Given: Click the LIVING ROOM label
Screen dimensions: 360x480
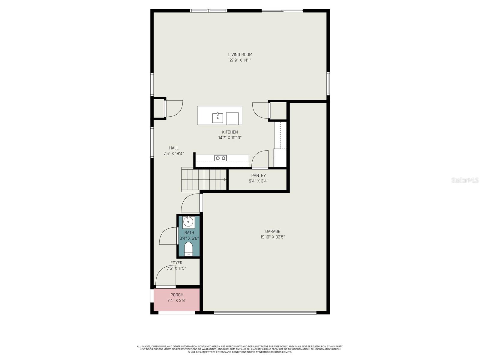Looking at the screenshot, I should click(240, 55).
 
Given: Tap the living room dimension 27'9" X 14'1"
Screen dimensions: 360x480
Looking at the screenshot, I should click(240, 60).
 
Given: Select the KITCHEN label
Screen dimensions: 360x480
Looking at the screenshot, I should click(230, 132).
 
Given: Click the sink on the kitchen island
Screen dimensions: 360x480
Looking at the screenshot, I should click(217, 118).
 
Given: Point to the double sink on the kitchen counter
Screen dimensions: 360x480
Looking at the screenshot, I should click(220, 158).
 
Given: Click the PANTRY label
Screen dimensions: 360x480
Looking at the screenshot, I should click(258, 175).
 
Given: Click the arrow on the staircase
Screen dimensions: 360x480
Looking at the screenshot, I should click(225, 180).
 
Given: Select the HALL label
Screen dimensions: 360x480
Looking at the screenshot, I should click(174, 148).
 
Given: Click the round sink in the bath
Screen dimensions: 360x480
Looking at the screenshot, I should click(188, 222).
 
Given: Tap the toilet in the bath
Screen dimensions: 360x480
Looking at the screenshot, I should click(188, 249).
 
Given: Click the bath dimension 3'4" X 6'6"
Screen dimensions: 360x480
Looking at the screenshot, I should click(189, 238).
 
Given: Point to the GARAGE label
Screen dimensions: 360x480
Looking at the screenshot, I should click(272, 231).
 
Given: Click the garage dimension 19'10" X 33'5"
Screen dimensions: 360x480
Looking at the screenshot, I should click(272, 237).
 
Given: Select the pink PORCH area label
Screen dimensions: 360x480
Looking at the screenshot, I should click(177, 295).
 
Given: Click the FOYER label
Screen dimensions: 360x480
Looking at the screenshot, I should click(176, 263).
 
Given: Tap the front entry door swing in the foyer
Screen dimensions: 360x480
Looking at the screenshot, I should click(164, 275).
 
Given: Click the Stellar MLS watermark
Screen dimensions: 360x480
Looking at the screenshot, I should click(465, 180).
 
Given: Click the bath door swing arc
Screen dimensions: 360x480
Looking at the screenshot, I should click(167, 235).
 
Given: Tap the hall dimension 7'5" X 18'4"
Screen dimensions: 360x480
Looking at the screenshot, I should click(174, 154).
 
